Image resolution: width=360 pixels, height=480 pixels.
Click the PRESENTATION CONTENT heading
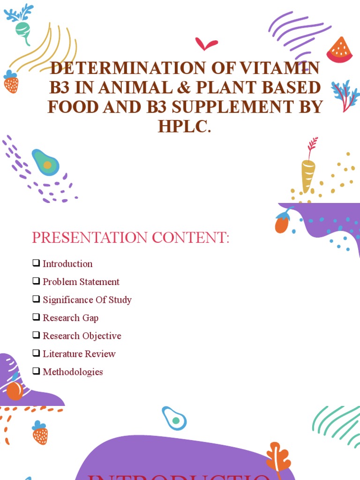130,238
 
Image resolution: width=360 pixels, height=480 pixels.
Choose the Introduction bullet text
67,264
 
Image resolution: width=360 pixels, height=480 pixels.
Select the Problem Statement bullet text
81,282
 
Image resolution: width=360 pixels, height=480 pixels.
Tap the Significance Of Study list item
87,300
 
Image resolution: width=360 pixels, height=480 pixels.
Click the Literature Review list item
79,354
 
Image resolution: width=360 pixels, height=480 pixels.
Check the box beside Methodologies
36,371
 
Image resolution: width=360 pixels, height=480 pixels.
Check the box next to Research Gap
36,317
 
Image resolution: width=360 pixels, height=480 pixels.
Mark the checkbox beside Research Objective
36,335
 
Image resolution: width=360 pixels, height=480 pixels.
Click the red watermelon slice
340,51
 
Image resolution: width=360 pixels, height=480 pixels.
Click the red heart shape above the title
206,45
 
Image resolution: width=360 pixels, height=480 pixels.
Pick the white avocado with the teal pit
174,419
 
